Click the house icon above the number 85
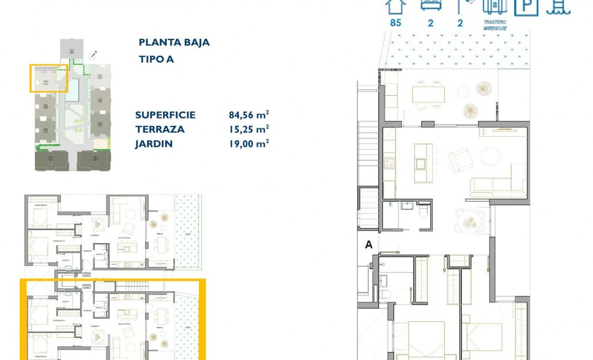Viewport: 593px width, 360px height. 396,6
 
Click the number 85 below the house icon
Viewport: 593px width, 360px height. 396,23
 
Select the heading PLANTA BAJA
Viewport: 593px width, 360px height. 174,43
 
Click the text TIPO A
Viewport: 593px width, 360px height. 156,59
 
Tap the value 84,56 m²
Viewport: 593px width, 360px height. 249,115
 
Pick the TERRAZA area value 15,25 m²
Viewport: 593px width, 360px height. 249,130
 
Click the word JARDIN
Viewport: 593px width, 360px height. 154,144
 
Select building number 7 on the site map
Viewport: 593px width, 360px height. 45,83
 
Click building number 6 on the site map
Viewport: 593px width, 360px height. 71,52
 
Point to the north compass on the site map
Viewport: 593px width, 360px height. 94,54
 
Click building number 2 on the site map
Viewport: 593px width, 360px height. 95,159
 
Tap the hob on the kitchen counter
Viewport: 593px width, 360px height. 390,163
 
